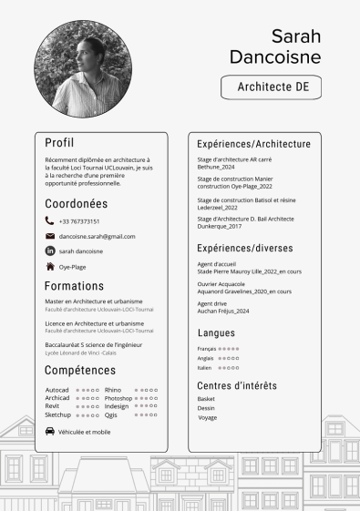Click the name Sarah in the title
tap(295, 36)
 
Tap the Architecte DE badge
tap(273, 87)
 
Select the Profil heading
tap(60, 142)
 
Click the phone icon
tap(49, 220)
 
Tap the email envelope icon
tap(49, 236)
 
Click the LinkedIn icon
tap(49, 250)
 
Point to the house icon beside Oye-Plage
tap(49, 267)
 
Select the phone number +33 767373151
tap(79, 221)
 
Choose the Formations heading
tap(74, 285)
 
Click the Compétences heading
tap(79, 371)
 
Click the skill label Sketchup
tap(58, 414)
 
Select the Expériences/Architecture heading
tap(253, 144)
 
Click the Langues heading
tap(216, 333)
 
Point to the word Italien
tap(205, 368)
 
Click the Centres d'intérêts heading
tap(237, 385)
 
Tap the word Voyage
tap(208, 418)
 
